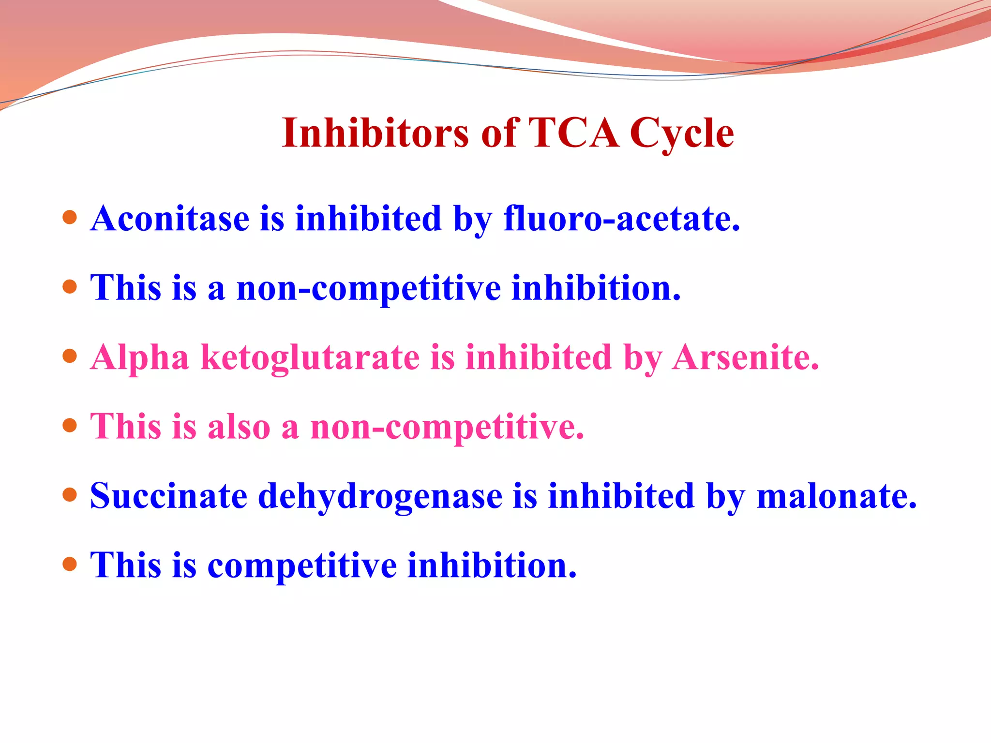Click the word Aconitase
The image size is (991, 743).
point(170,219)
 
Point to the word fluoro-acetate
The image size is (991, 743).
point(621,219)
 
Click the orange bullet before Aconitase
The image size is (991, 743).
point(70,217)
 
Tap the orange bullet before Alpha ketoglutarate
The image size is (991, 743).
point(70,356)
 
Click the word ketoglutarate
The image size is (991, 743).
point(310,358)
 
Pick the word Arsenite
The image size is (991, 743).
point(745,358)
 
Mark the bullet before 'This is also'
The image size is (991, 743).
point(70,426)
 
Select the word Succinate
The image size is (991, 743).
point(168,496)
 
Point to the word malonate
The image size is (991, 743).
point(836,496)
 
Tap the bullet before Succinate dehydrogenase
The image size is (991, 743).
point(70,495)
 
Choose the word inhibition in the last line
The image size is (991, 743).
point(492,565)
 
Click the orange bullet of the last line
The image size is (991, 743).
point(70,564)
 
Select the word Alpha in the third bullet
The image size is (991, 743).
point(139,358)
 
